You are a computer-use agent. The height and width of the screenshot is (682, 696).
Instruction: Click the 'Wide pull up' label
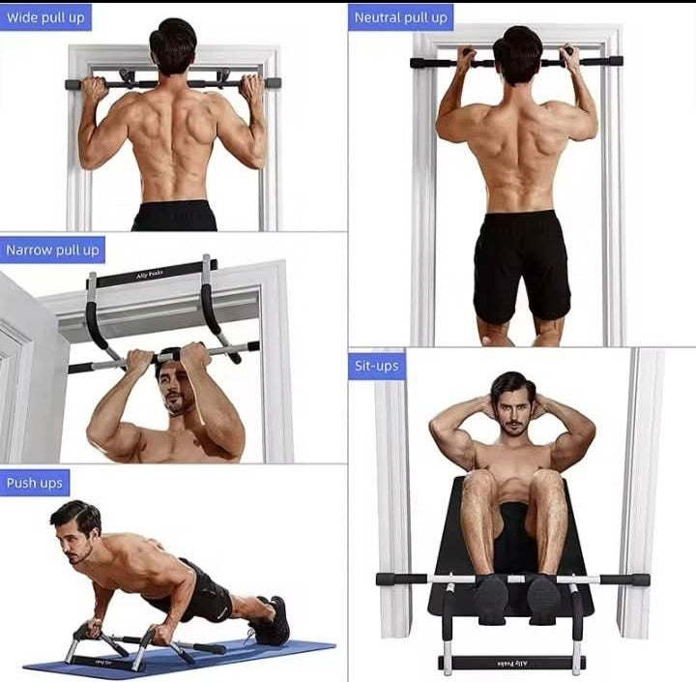45,16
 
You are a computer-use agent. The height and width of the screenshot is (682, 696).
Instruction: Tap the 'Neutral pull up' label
400,16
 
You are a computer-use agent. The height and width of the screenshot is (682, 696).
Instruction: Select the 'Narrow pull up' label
52,250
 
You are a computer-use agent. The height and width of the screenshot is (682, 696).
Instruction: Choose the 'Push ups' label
35,482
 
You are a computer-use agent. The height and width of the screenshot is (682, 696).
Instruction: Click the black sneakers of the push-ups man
271,620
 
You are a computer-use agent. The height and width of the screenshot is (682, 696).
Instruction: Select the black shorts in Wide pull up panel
174,215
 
